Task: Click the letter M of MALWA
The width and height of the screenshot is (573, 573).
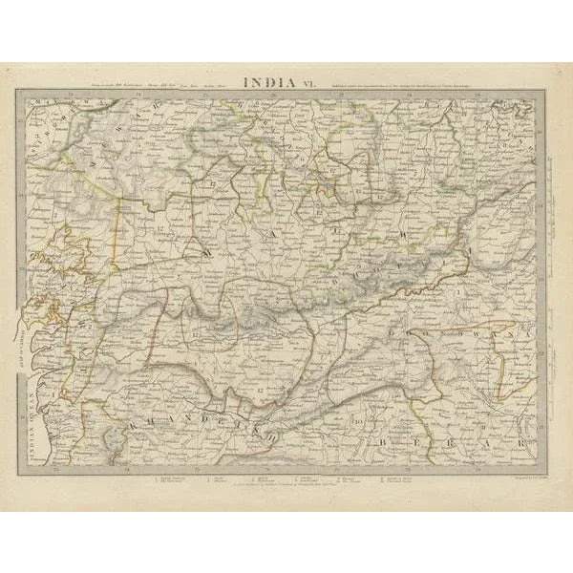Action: (207, 251)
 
